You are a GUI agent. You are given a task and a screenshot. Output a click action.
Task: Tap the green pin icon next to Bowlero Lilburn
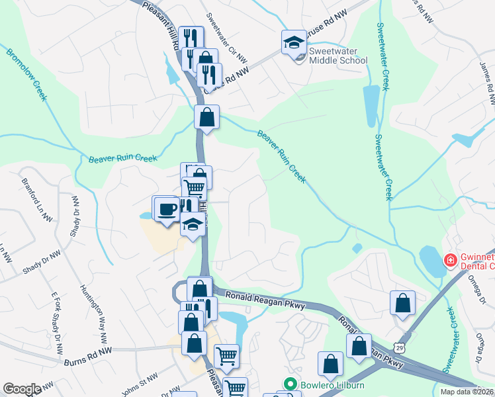coord(289,384)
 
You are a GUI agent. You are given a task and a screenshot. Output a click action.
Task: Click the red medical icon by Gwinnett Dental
coord(451,261)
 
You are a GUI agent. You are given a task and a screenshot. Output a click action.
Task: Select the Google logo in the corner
coord(22,389)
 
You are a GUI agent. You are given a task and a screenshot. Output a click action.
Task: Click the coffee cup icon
coord(165,209)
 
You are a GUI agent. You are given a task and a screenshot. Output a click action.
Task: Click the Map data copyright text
coord(467,392)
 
